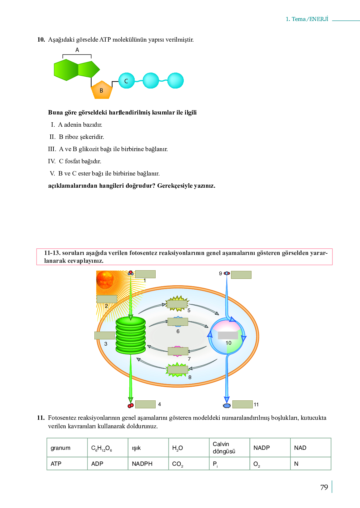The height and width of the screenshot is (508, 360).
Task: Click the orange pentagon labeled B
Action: [x=102, y=90]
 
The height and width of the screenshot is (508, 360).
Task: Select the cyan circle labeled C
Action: [x=127, y=80]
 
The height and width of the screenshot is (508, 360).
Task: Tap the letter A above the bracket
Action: [x=77, y=50]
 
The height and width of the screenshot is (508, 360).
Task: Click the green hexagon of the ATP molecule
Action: [x=66, y=70]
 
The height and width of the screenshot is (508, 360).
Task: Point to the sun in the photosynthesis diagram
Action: [x=105, y=279]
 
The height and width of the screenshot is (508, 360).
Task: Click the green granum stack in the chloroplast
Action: [x=131, y=335]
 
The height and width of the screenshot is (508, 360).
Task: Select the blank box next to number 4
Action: [x=145, y=404]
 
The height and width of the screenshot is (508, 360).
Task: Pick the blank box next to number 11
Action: [x=242, y=404]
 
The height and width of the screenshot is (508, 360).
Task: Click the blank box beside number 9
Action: [x=241, y=275]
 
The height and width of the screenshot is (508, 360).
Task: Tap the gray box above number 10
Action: [x=228, y=335]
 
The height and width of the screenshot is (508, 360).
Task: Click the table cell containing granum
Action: [x=67, y=448]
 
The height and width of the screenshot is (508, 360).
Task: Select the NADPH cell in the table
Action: [x=148, y=464]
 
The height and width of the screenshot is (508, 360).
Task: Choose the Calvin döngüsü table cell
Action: [x=229, y=448]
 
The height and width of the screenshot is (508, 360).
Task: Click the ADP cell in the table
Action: [x=107, y=464]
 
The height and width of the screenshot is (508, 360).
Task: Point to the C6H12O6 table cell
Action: [x=107, y=448]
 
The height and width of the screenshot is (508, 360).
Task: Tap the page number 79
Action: [x=324, y=487]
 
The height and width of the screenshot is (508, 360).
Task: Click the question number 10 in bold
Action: [x=41, y=40]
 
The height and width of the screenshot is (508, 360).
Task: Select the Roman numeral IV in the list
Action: [x=52, y=161]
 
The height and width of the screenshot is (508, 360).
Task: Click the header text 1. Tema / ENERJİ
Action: [x=307, y=19]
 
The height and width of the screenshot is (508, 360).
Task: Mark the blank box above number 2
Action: [x=107, y=299]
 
